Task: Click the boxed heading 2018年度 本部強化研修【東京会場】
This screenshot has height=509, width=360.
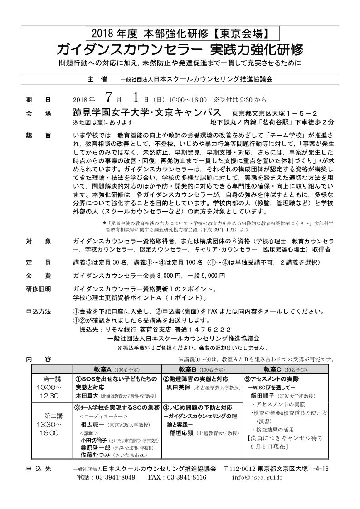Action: coord(182,33)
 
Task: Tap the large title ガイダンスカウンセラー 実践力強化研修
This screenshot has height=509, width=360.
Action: coord(180,49)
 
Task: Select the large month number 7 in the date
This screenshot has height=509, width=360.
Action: coord(107,98)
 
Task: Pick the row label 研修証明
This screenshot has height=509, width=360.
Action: coord(39,288)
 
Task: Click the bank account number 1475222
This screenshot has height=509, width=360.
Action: coord(211,329)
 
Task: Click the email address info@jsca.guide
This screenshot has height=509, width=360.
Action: coord(257,477)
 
